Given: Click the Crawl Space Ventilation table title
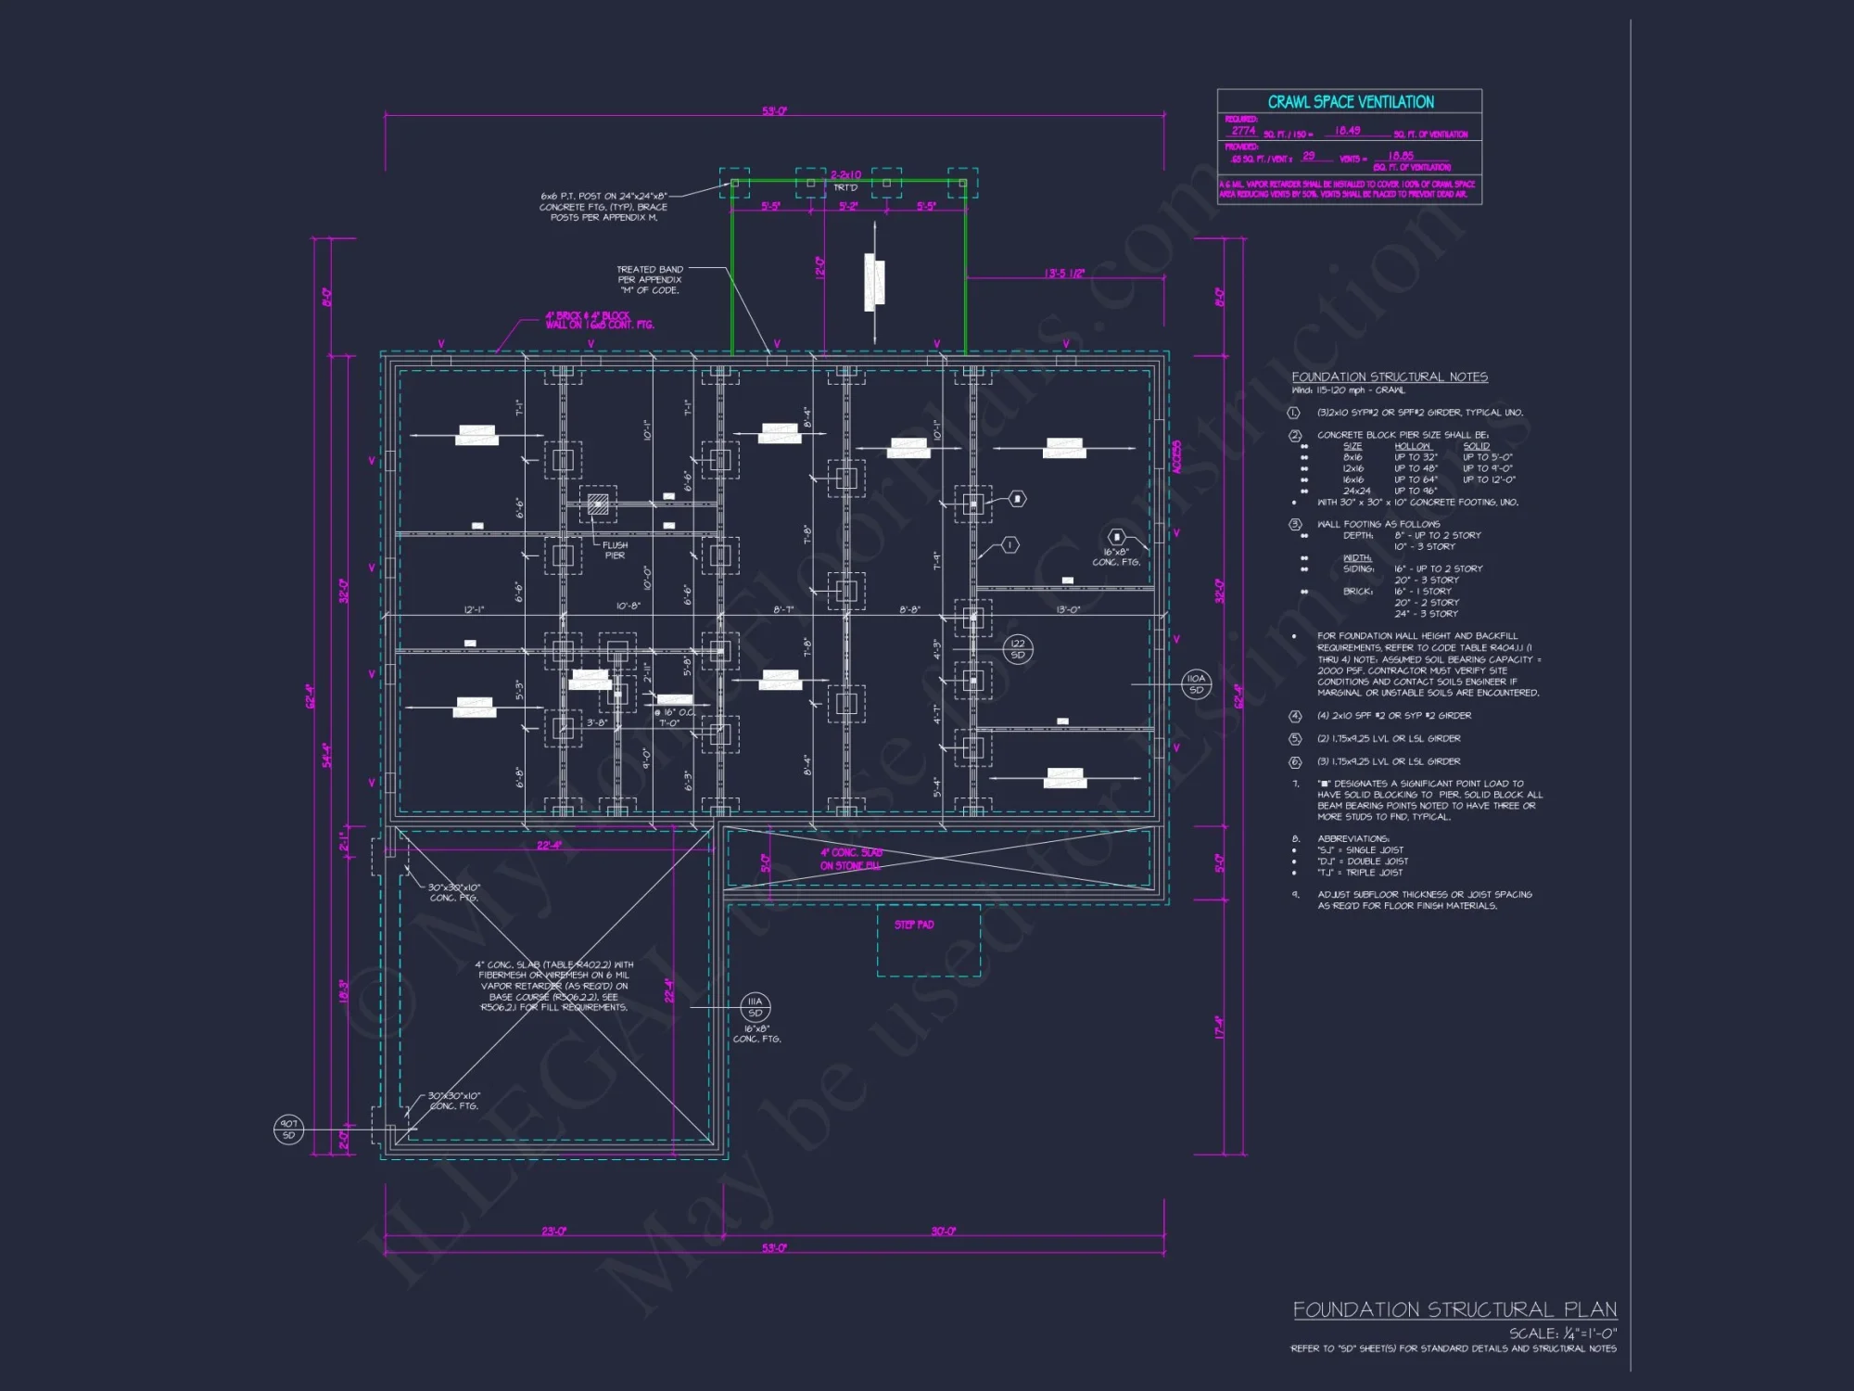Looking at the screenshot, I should coord(1350,102).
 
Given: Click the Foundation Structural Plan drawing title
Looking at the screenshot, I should coord(1454,1309).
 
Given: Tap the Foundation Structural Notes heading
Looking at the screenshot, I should coord(1390,376).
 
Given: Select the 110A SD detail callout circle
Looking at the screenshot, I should coord(1196,684).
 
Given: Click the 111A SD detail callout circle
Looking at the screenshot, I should coord(755,1007).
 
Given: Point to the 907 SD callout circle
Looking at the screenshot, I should coord(288,1129).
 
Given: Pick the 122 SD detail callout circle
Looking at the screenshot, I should coord(1018,649).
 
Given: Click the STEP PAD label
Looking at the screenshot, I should coord(914,925).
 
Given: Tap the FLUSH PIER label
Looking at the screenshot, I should coord(615,551).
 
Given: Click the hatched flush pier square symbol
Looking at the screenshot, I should coord(598,504).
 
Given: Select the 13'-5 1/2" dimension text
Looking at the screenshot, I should coord(1063,274).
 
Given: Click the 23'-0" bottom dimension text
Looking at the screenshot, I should coord(553,1231).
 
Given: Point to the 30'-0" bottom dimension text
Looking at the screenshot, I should coord(943,1231).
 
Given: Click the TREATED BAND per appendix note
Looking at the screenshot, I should coord(649,279).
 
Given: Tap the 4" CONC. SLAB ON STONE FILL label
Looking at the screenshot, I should coord(850,859).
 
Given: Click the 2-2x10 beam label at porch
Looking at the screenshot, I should coord(845,174).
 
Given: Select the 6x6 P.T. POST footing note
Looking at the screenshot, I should coord(603,207).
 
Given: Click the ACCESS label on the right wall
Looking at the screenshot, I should coord(1177,457).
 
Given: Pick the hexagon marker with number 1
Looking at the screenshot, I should coord(1010,544).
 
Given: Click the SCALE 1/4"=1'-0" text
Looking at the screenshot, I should coord(1563,1333).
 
